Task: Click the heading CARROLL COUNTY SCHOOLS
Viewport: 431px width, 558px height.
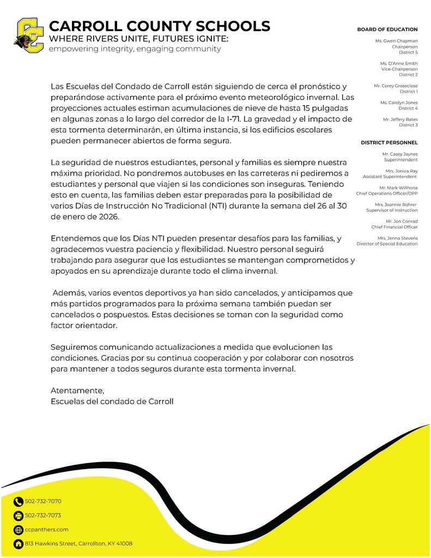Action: tap(159, 26)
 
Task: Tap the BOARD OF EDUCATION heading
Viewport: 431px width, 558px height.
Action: tap(387, 29)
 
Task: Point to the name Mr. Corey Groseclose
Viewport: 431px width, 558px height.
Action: tap(396, 86)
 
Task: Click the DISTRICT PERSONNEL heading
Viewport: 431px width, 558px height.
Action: tap(389, 143)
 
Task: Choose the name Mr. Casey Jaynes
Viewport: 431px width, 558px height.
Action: tap(400, 154)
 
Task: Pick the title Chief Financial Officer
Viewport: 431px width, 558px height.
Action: tap(394, 227)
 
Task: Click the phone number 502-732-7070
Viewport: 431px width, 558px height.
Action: tap(43, 501)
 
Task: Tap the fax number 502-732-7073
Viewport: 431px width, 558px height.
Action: tap(43, 515)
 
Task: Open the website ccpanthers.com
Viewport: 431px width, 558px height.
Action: tap(47, 530)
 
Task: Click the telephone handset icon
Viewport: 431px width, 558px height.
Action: tap(19, 502)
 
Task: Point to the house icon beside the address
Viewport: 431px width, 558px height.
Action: tap(19, 544)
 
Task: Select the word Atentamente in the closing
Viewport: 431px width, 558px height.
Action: tap(77, 391)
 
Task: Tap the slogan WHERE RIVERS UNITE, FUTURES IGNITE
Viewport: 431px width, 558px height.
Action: tap(138, 39)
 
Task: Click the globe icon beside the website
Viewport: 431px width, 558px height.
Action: tap(19, 530)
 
